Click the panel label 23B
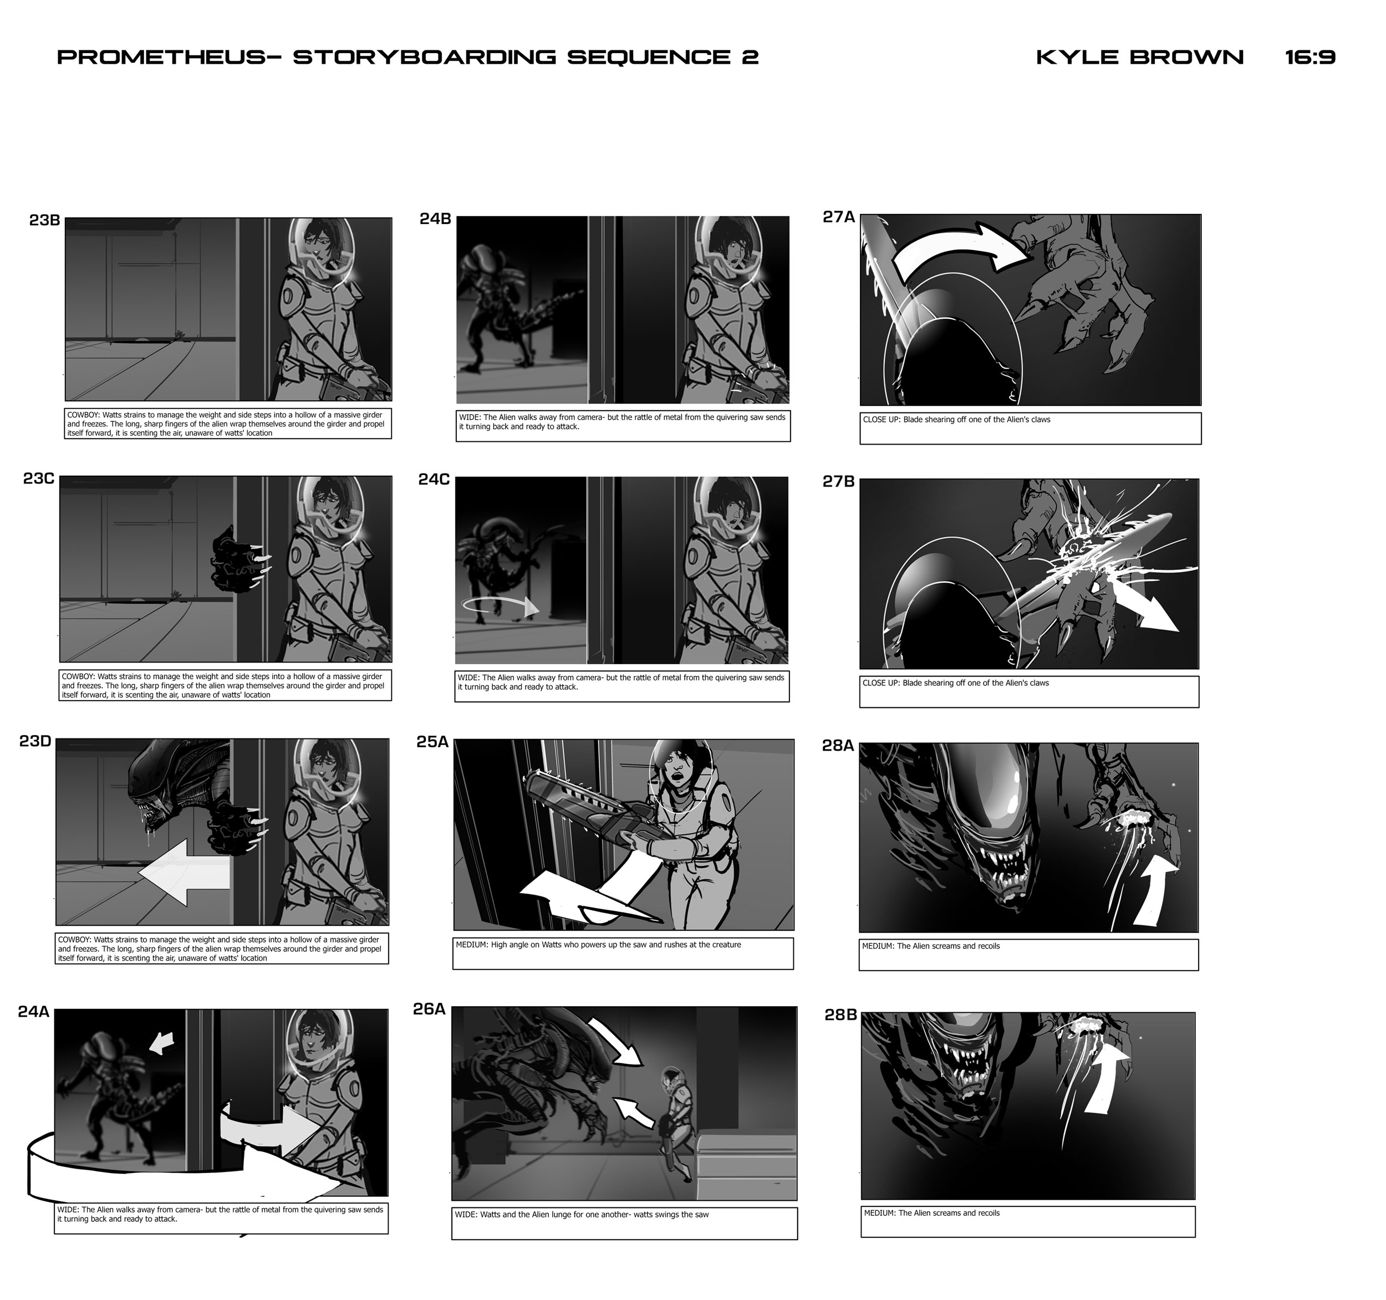[x=44, y=220]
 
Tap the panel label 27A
[x=838, y=217]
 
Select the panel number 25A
[x=432, y=742]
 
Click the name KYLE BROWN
[x=1139, y=57]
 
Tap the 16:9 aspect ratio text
[x=1310, y=57]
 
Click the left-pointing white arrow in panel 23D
[x=185, y=872]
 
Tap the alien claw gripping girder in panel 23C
[x=237, y=568]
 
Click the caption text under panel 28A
[x=930, y=947]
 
